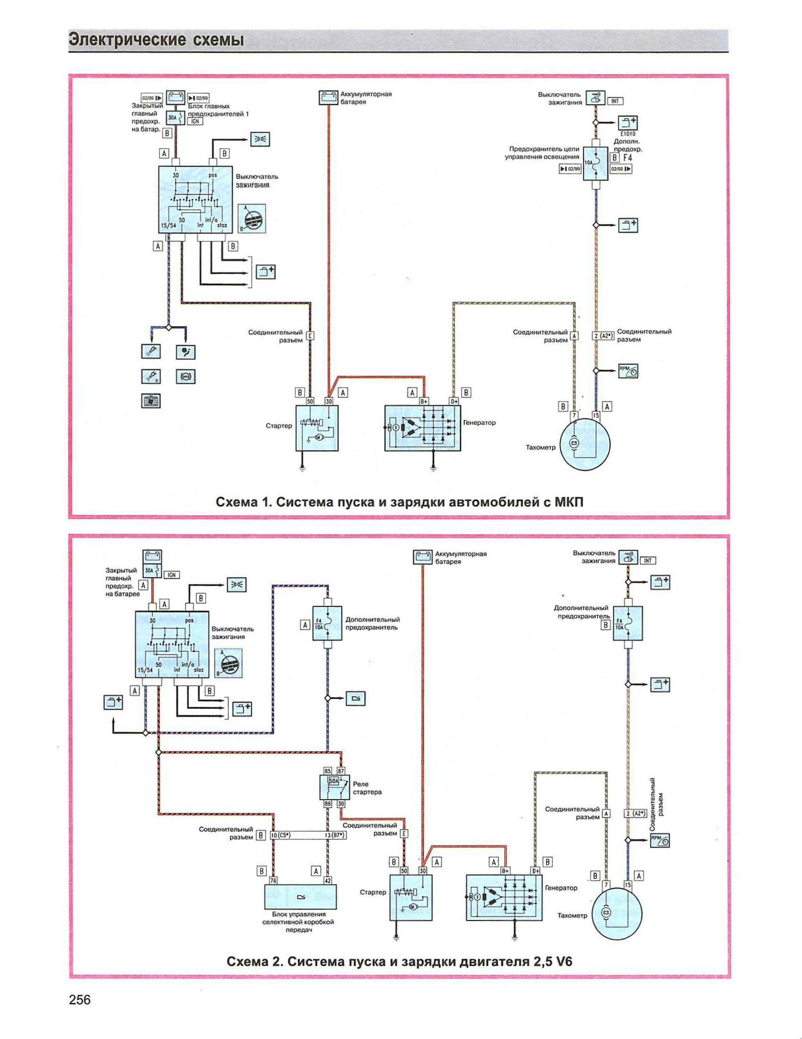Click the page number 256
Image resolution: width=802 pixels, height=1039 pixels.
coord(80,1001)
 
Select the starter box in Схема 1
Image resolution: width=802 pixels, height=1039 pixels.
coord(317,428)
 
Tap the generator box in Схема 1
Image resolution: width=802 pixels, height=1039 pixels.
coord(422,428)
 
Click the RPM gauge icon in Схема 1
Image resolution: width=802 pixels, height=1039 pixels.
coord(628,370)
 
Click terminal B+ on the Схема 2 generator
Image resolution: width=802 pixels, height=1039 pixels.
coord(505,871)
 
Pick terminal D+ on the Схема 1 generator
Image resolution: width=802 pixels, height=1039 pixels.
coord(454,401)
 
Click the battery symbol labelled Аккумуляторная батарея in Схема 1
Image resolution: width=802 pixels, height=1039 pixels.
coord(327,98)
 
